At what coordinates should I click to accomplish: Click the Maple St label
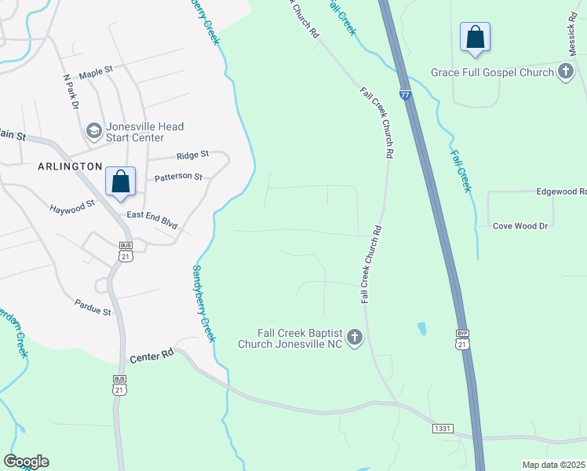[x=96, y=70]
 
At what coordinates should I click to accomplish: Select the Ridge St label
[x=193, y=155]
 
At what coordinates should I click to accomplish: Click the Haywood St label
[x=71, y=206]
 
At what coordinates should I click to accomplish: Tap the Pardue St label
[x=93, y=306]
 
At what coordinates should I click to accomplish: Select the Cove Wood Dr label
[x=520, y=226]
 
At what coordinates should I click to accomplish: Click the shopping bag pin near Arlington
[x=121, y=182]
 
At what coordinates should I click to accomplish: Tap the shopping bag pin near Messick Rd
[x=476, y=37]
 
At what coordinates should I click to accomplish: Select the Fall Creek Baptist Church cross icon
[x=355, y=338]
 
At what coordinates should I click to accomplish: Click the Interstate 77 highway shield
[x=405, y=95]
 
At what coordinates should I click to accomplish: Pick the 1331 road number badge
[x=443, y=429]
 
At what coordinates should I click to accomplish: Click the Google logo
[x=26, y=462]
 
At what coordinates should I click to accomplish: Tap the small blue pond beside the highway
[x=422, y=328]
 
